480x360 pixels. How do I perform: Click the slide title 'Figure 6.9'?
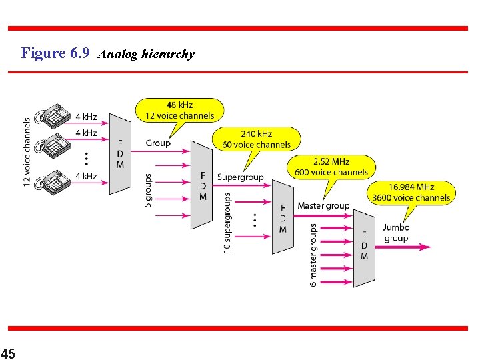pos(55,53)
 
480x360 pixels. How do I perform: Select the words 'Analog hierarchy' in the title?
pos(146,54)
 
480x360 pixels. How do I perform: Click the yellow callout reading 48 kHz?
pos(179,110)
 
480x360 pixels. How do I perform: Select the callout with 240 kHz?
pos(256,139)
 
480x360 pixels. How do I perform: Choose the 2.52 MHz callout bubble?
pos(331,167)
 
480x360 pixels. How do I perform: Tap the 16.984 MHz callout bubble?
pos(411,192)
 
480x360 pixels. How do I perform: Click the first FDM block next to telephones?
pos(120,154)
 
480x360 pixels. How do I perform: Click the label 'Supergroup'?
pos(240,177)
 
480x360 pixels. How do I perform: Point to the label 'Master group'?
pos(323,206)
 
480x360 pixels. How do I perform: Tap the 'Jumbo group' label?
pos(396,233)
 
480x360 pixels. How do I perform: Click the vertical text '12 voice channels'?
pos(27,152)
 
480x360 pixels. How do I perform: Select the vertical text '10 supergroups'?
pos(227,223)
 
